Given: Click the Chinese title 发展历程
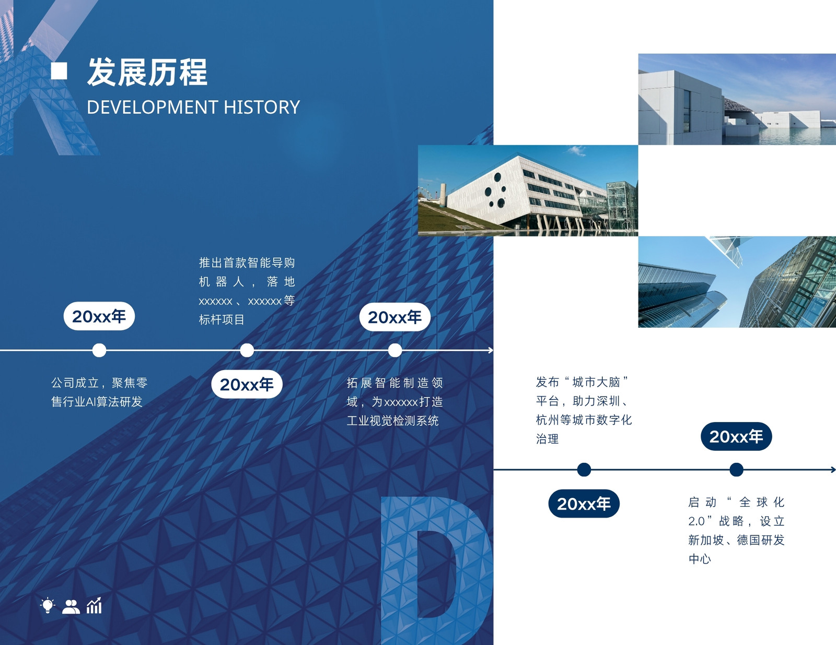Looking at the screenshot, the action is pos(147,72).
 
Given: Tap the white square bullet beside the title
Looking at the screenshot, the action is pos(59,71).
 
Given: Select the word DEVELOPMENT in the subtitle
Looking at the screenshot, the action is pos(153,107).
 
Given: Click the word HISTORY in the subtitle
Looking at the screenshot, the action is pos(262,107).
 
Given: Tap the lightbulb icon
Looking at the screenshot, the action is pos(48,606).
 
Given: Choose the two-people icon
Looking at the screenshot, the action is pos(71,606).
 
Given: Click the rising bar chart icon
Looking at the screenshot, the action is pos(94,605).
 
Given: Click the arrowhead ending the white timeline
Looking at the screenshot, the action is pos(491,350).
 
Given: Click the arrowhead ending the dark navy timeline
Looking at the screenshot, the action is pos(833,470).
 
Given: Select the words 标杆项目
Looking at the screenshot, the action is pos(222,319).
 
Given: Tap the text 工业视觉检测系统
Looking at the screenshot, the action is pos(392,421).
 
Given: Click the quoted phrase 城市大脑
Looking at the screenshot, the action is pos(596,382).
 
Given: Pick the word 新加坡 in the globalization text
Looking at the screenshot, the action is pos(706,540).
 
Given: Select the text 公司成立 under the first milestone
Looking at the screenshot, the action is pos(75,383).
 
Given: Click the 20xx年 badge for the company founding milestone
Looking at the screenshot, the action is pos(99,316).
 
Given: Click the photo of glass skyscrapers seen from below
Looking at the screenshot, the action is pos(737,282).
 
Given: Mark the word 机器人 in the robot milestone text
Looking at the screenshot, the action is pos(222,282).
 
